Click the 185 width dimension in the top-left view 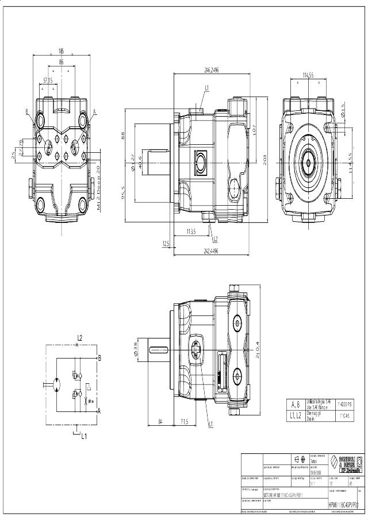point(61,51)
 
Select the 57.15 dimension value point(48,80)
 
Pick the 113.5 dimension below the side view point(191,232)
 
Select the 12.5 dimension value point(166,244)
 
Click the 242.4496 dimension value point(211,251)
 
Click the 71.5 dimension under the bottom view point(184,422)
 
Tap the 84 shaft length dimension point(161,422)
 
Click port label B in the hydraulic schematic point(99,357)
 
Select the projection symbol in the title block point(300,459)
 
